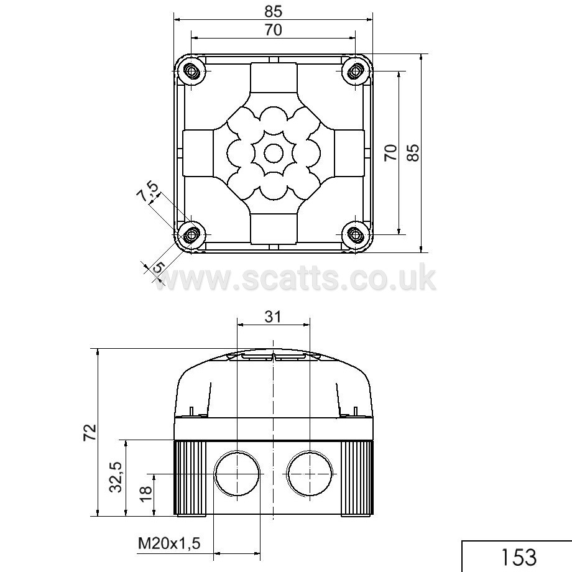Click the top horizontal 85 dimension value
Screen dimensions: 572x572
pos(273,12)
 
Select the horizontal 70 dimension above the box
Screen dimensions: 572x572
pos(273,30)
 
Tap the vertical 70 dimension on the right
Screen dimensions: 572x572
pos(390,152)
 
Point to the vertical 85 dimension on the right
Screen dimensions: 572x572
pos(413,152)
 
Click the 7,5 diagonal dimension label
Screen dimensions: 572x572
pos(148,191)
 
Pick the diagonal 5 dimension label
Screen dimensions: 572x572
pos(158,267)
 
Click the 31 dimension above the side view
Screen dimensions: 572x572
pos(273,316)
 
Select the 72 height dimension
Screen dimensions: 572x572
pos(90,433)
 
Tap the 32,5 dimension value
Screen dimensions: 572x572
pos(116,477)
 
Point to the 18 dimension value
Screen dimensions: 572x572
pos(145,494)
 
